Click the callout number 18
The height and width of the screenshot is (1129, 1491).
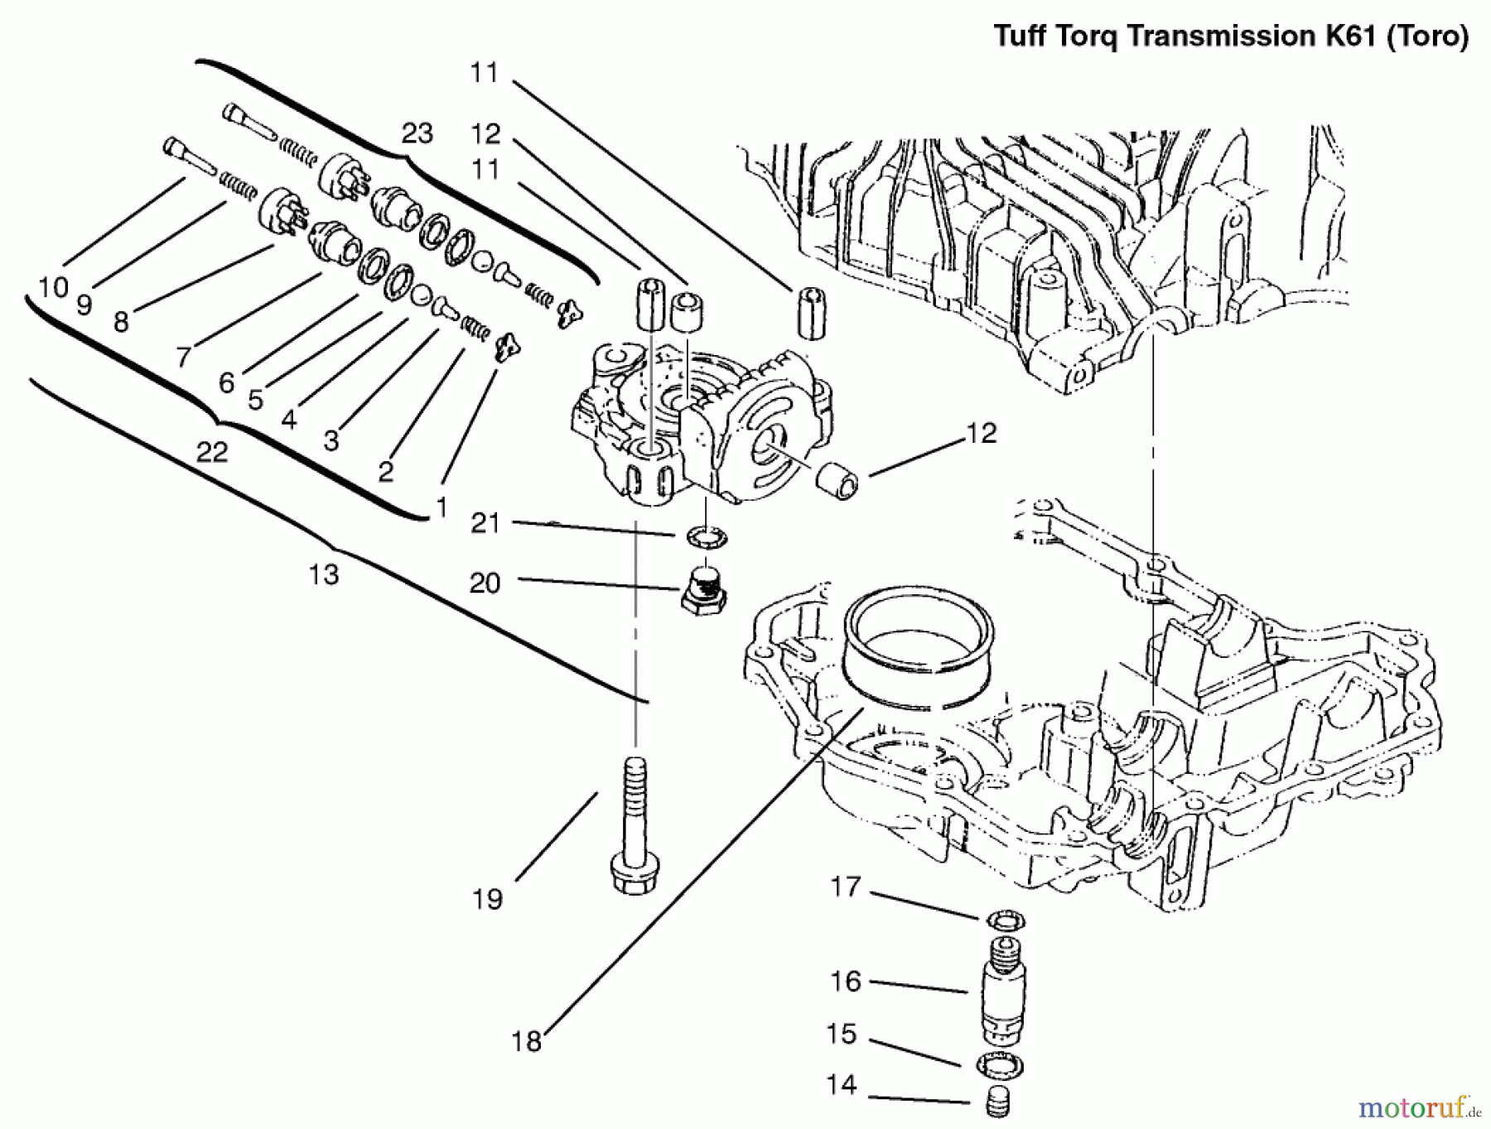tap(526, 1040)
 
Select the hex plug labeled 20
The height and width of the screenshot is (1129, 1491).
tap(702, 590)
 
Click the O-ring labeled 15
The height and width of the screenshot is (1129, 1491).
tap(1000, 1064)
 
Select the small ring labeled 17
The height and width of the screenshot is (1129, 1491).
tap(1006, 920)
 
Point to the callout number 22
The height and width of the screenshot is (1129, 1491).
tap(211, 452)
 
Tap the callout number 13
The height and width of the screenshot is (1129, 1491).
tap(323, 574)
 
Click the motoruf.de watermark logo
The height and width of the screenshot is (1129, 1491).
tap(1417, 1105)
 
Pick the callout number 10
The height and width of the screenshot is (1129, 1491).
tap(53, 287)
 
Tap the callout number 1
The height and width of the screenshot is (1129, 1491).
tap(442, 507)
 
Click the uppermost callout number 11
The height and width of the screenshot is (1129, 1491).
tap(485, 73)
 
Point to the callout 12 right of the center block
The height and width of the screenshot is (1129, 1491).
tap(982, 433)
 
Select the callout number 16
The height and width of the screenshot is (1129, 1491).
tap(846, 981)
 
